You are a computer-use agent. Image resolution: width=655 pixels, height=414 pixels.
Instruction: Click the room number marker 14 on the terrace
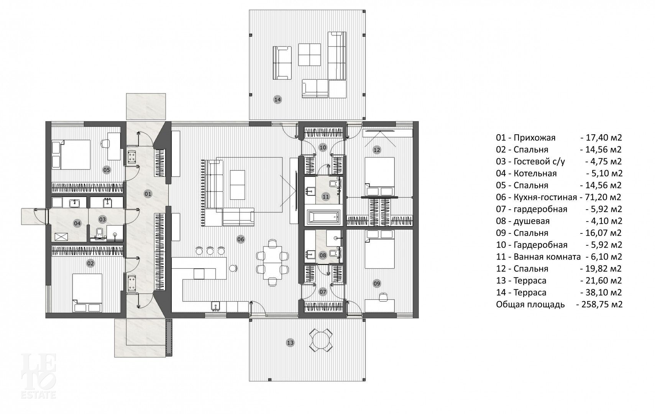(277, 100)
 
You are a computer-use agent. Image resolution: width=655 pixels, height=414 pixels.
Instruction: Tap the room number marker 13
(290, 343)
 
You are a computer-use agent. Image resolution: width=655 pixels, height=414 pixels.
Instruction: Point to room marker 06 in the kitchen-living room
(241, 240)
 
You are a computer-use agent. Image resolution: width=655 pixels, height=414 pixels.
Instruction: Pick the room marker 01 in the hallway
(148, 194)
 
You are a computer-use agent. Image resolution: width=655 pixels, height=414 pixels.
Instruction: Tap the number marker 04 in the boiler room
(77, 223)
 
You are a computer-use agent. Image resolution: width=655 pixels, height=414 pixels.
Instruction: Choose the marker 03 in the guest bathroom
(102, 219)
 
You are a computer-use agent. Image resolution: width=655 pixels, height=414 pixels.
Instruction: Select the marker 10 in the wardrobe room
(323, 147)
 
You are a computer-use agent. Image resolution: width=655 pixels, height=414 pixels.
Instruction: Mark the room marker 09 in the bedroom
(377, 283)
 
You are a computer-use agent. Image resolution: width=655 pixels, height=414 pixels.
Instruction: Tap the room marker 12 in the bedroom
(377, 150)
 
